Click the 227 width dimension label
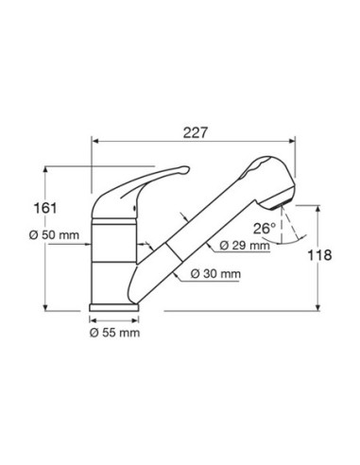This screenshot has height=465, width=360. coord(196,132)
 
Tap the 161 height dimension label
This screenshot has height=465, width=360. coord(45,208)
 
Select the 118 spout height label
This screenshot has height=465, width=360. coord(319,255)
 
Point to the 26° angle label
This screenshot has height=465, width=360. coord(265,229)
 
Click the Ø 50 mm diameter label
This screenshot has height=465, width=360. coord(54,235)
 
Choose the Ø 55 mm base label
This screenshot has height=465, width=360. coord(114,333)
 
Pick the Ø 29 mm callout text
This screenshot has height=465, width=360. coord(245,246)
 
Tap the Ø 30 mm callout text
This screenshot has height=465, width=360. coord(215,274)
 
